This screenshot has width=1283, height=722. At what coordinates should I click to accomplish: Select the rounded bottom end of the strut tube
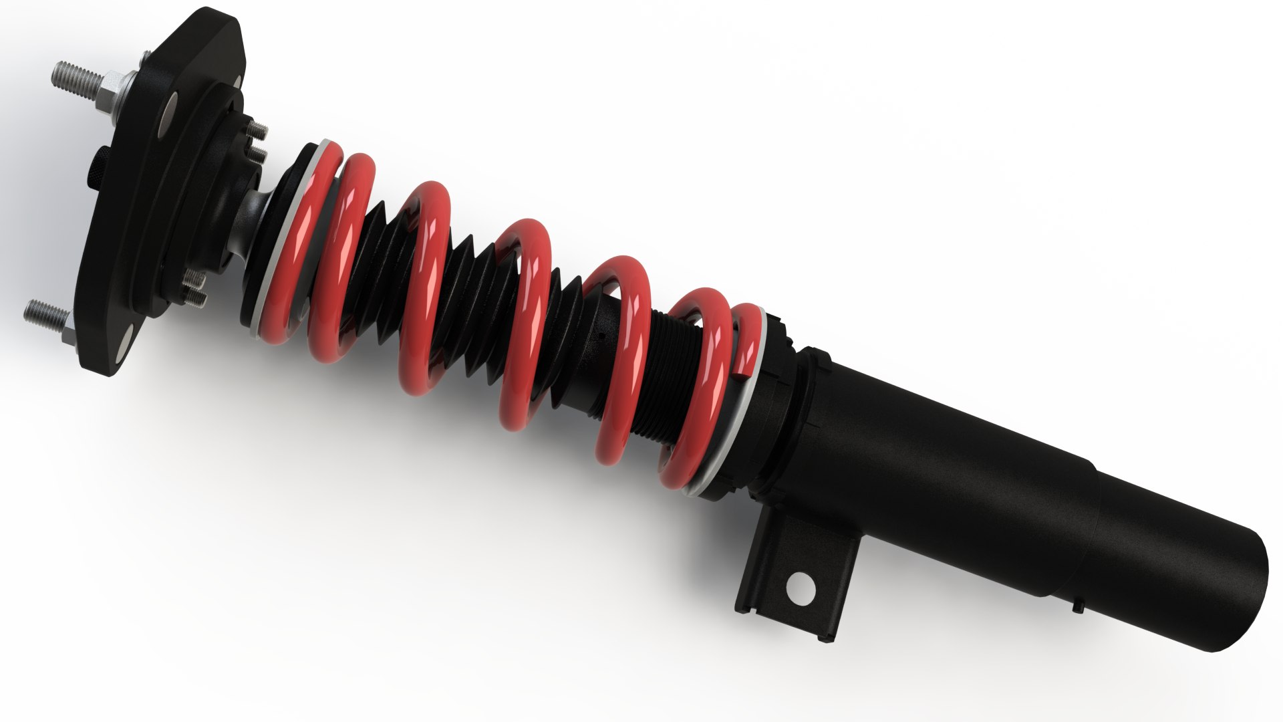coord(1243,602)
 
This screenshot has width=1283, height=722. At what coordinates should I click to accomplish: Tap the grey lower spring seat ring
coord(735,428)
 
